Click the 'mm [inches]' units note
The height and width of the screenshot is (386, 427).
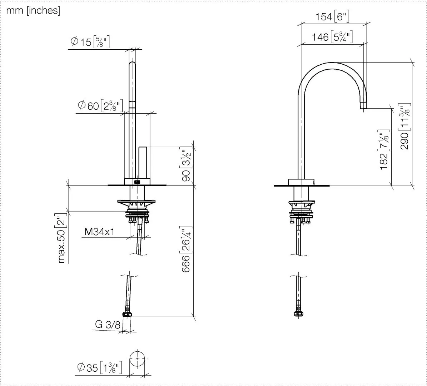[x=33, y=11]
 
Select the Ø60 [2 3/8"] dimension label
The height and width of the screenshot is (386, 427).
[x=100, y=106]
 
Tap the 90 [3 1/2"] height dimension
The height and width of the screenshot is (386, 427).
[x=186, y=165]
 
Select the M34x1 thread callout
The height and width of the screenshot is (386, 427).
[x=99, y=232]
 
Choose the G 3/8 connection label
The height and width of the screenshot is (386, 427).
[x=108, y=325]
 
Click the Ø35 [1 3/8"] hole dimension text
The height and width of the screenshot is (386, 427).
[x=99, y=367]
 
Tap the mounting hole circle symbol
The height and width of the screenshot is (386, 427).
[x=137, y=358]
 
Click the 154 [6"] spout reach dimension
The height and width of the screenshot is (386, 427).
[x=332, y=16]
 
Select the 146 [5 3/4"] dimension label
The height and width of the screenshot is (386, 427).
[x=332, y=36]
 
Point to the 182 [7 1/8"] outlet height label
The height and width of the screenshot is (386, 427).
[x=384, y=150]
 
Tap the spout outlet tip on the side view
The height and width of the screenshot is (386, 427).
[x=363, y=105]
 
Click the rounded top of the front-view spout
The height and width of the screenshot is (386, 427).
[x=132, y=64]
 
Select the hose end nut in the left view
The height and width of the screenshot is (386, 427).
[x=127, y=314]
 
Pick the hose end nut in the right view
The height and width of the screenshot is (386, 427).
[x=298, y=314]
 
